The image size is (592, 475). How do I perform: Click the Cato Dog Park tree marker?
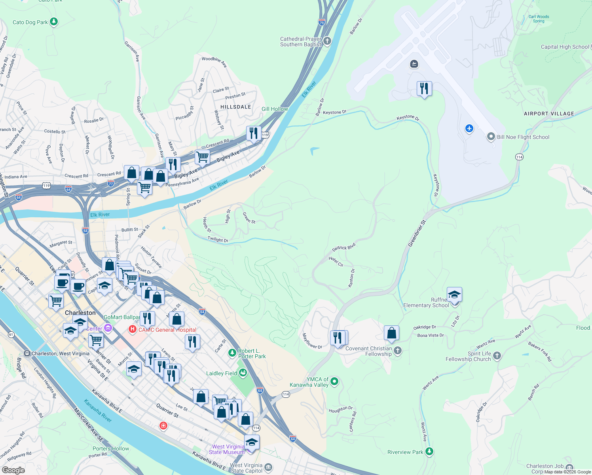pos(54,22)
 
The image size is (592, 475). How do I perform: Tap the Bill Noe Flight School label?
pos(523,137)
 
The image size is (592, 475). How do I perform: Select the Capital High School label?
pos(565,47)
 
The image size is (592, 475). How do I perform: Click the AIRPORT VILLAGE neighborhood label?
pos(548,114)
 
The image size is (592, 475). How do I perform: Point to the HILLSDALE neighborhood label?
pos(235,107)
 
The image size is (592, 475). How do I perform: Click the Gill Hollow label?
pos(275,109)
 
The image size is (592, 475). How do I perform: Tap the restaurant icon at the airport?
pos(424,89)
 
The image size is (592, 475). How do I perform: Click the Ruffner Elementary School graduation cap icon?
pos(454,295)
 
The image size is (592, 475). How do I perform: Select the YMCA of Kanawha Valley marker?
pos(334,382)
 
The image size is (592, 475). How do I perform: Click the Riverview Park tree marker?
pos(429,452)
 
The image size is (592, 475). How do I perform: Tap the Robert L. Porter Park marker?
pos(232,352)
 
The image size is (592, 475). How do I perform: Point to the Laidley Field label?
pos(222,373)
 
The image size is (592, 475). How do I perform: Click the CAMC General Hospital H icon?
pos(132,329)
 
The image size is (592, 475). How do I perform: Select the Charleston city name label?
pos(80,313)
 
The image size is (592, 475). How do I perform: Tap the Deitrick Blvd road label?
pos(343,248)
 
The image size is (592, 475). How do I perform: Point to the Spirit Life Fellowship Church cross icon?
pos(497,355)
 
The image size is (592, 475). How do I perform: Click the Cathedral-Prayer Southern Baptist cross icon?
pos(327,41)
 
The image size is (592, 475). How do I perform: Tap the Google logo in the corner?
pos(13,470)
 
